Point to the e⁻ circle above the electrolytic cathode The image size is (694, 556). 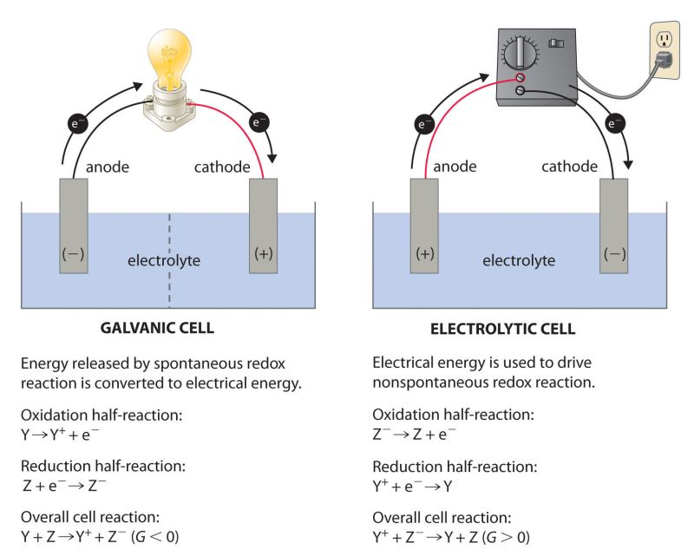(615, 124)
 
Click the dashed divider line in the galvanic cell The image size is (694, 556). (169, 260)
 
